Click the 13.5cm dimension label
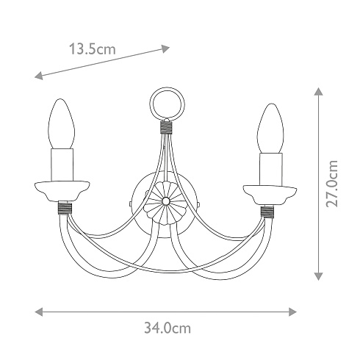point(93,49)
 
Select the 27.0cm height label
point(332,184)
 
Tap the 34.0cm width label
point(168,328)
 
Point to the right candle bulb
point(270,129)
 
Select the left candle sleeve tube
point(62,165)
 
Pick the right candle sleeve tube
point(271,170)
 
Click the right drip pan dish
point(270,195)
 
